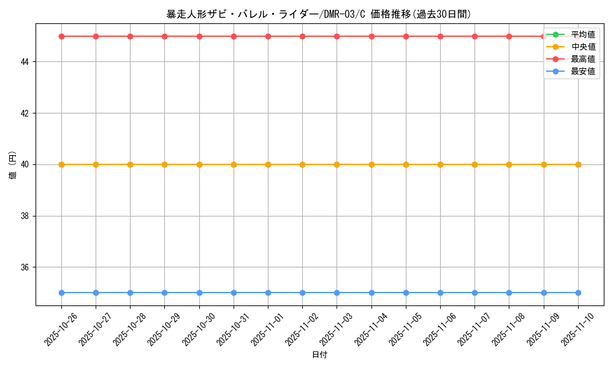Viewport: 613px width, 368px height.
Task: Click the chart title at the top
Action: point(319,14)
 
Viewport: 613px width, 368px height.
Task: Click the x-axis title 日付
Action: point(319,355)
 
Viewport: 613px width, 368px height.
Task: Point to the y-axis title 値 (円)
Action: point(12,164)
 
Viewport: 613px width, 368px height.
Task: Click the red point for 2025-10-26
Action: point(61,36)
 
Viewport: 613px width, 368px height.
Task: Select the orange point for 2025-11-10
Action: point(578,164)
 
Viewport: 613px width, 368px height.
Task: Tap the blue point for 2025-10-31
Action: point(234,293)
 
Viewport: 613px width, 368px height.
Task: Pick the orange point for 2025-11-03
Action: point(337,164)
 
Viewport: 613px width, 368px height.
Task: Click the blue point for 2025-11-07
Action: point(474,293)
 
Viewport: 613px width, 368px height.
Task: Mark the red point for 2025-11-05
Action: point(406,36)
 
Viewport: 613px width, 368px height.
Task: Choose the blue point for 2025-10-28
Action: point(130,293)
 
